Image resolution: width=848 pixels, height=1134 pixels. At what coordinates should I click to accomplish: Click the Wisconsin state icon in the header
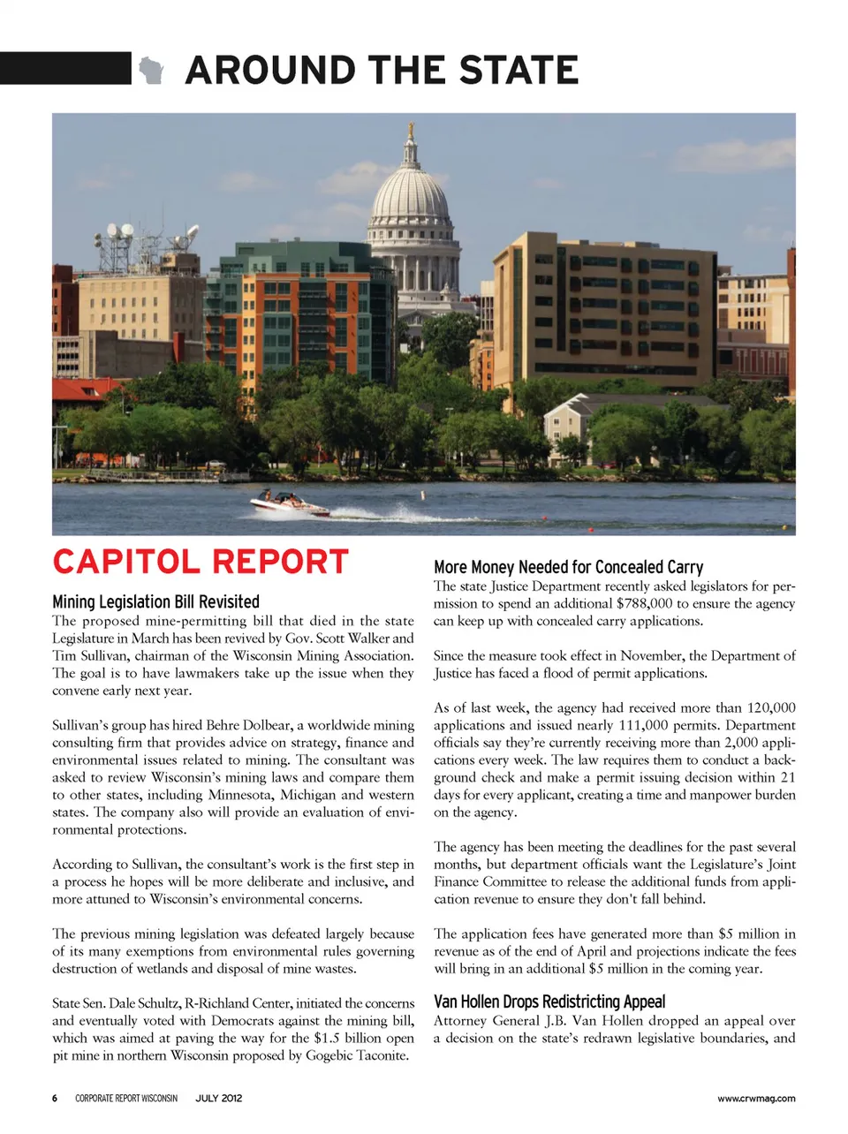pyautogui.click(x=151, y=69)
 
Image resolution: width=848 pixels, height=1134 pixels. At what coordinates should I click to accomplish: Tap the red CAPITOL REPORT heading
pyautogui.click(x=201, y=562)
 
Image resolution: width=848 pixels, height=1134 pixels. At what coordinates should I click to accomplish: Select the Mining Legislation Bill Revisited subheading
pyautogui.click(x=155, y=601)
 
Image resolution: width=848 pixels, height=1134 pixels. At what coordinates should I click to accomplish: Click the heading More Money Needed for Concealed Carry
pyautogui.click(x=568, y=567)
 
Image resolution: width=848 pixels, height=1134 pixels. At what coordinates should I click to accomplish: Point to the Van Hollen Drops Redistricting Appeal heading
pyautogui.click(x=549, y=1002)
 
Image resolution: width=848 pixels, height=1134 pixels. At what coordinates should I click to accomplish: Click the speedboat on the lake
pyautogui.click(x=289, y=504)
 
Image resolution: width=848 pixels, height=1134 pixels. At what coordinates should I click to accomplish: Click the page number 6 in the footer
pyautogui.click(x=55, y=1099)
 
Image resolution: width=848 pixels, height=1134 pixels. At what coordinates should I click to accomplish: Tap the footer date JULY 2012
pyautogui.click(x=218, y=1099)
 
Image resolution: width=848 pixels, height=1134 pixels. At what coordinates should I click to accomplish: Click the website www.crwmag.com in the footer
pyautogui.click(x=756, y=1099)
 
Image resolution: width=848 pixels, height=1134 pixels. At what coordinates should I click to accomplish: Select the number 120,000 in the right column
pyautogui.click(x=770, y=707)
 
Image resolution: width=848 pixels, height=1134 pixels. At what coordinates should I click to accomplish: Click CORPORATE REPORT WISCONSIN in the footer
pyautogui.click(x=125, y=1099)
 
